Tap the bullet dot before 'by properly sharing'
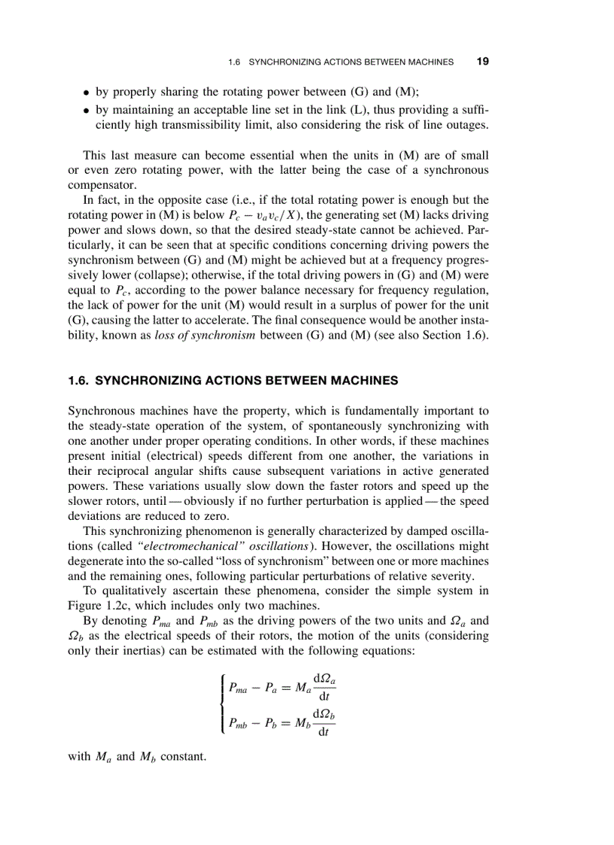tap(87, 93)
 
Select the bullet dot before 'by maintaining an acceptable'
tap(87, 111)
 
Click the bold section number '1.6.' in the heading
tap(79, 381)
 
